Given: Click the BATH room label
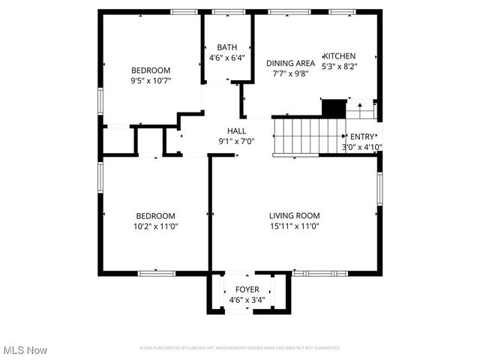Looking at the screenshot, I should point(227,46).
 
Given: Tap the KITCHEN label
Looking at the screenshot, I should point(339,56).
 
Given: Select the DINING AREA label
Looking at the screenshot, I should point(290,63).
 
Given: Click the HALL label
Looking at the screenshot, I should point(236,131).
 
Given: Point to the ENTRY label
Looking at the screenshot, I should point(361,136).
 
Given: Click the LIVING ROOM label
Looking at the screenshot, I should point(295,216).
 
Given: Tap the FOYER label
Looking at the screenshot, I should point(247,289).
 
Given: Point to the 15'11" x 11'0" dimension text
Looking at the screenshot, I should point(295,226).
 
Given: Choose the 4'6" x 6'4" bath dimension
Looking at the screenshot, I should point(226,57).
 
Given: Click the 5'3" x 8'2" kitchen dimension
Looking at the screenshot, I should point(340,66).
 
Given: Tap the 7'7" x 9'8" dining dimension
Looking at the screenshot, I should point(290,73).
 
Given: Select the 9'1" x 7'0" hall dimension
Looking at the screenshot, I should point(236,141).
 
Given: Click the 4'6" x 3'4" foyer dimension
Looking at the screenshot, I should point(247,300).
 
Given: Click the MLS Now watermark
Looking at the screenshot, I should point(25,350).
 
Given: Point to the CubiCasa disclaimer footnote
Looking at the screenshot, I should point(240,348).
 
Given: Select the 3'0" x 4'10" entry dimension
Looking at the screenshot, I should point(362,147).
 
